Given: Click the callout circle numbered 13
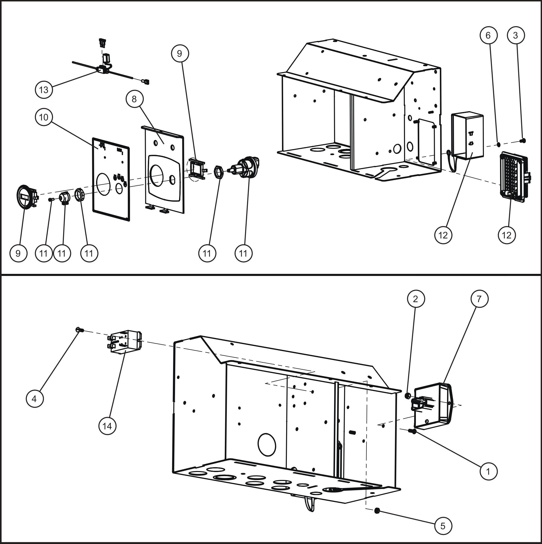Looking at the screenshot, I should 44,90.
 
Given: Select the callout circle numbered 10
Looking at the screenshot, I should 44,117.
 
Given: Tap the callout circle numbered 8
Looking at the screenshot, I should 134,99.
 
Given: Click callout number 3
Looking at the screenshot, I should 516,35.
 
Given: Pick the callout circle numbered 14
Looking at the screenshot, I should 107,426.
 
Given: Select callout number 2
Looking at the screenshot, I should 415,299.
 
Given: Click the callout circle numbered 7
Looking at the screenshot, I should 479,299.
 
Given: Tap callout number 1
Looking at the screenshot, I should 488,471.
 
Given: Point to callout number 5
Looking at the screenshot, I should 443,526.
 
